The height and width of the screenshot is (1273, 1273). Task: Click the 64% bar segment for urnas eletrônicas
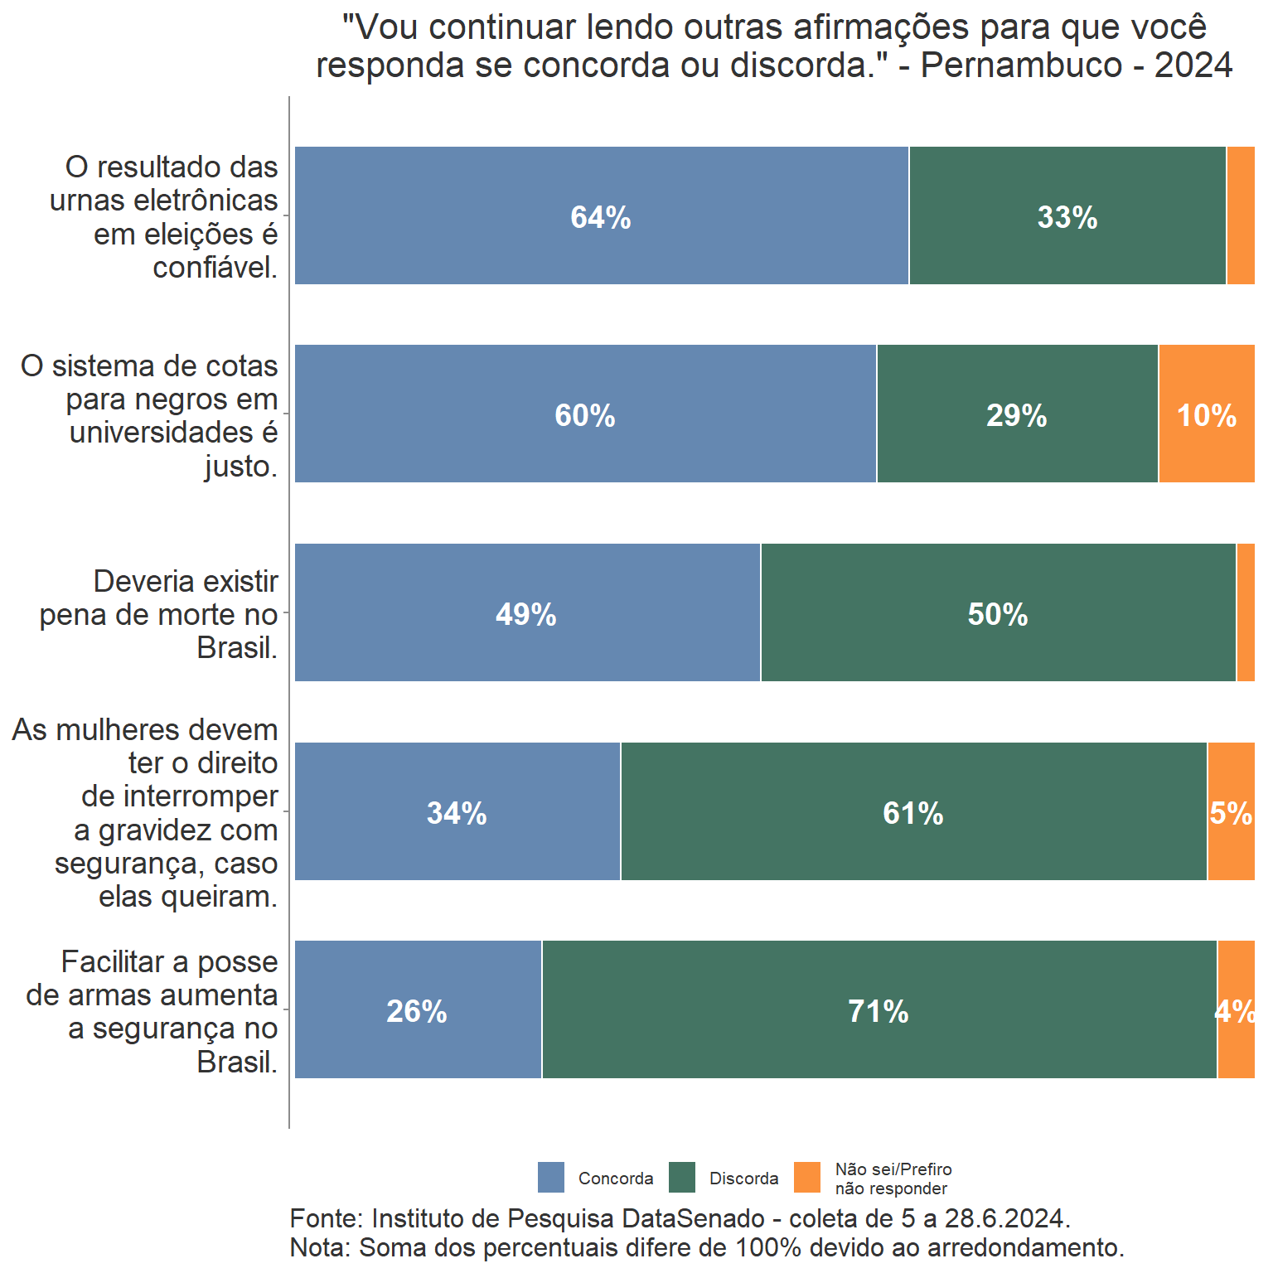pos(601,216)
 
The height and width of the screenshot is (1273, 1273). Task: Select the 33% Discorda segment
pos(1067,216)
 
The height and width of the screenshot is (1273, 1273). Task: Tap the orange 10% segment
pos(1207,414)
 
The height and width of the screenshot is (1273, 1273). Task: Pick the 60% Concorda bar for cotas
pos(585,414)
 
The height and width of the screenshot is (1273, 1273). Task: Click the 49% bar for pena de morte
pos(526,613)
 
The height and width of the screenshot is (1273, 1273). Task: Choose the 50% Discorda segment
pos(998,613)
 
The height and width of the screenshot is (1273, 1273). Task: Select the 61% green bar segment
pos(913,812)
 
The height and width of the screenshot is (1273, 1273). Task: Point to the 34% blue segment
pos(457,812)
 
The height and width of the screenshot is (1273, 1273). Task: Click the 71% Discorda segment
pos(879,1010)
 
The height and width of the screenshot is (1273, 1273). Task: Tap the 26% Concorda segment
pos(417,1010)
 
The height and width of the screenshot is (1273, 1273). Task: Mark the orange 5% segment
pos(1231,812)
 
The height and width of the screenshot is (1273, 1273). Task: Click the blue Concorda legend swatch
pos(551,1177)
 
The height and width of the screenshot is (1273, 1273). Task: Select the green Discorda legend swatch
pos(682,1177)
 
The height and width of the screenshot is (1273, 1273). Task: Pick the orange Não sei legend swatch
pos(807,1177)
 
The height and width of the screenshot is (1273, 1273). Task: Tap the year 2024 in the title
pos(1193,65)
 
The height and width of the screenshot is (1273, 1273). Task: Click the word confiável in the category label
pos(215,268)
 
